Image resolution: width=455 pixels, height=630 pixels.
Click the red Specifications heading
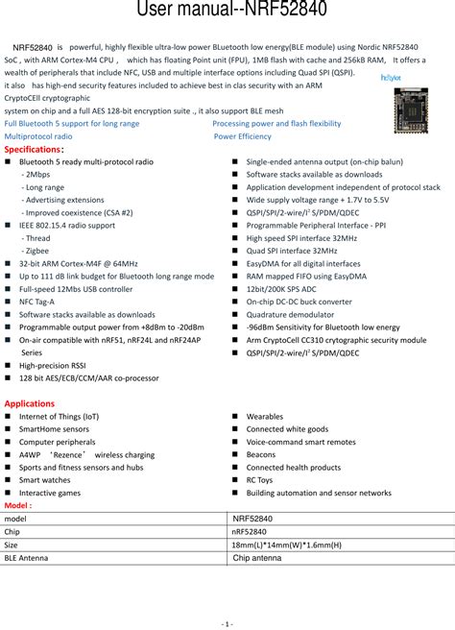35,150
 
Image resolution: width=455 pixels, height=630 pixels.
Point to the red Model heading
18,504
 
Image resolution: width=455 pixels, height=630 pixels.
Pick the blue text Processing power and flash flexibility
276,124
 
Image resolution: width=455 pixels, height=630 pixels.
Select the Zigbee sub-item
37,250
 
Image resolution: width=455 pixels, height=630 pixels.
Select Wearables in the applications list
265,417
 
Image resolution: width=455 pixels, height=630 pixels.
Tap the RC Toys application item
259,479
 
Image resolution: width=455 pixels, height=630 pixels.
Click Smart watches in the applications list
44,479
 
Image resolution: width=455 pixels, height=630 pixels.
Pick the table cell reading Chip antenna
257,557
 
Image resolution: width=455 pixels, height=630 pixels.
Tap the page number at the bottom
227,623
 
